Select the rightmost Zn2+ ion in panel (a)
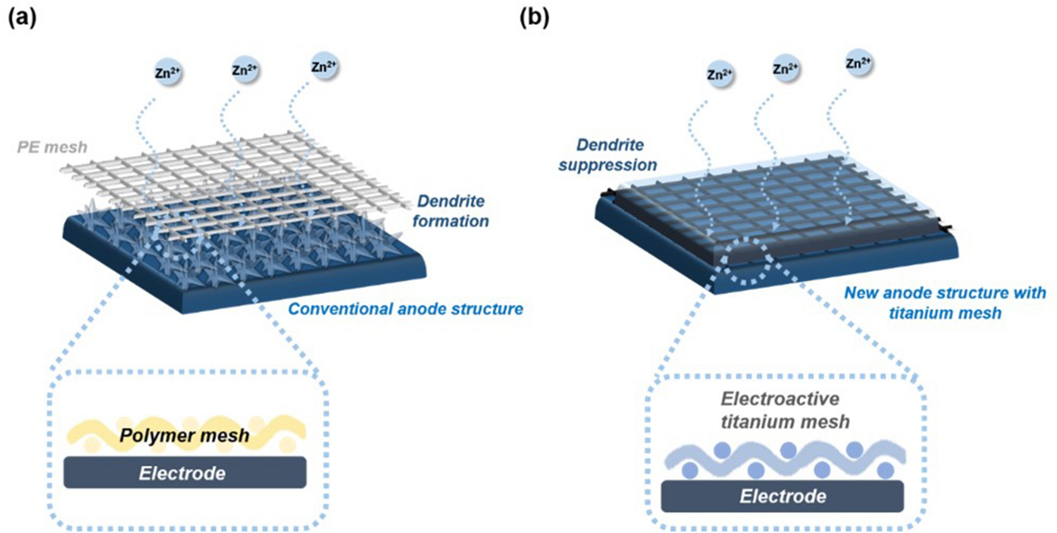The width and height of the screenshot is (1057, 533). coord(324,66)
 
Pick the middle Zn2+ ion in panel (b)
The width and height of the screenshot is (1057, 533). coord(786,69)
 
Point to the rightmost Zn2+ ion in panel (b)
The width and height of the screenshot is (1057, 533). coord(859,63)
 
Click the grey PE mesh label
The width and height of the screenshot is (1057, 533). coord(52,147)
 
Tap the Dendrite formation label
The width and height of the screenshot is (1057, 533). coord(451,211)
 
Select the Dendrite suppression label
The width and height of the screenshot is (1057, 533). coord(608,155)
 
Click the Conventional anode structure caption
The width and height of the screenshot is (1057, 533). coord(405,309)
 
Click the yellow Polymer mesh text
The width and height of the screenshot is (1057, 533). coord(184,435)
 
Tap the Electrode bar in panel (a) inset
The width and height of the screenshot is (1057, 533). coord(185,473)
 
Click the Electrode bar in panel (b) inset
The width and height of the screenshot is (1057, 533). coord(782,496)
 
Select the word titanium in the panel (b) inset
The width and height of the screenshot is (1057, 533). coord(755,422)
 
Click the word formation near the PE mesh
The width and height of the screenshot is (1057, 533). coord(451,221)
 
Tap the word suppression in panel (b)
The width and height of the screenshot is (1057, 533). coord(608,165)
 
